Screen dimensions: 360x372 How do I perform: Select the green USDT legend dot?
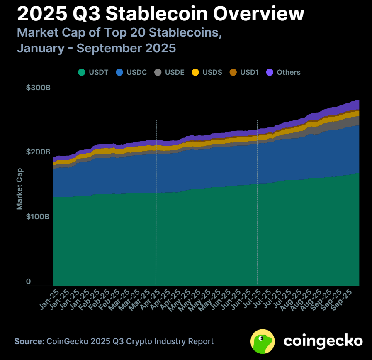82,72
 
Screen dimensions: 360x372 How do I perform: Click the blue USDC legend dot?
120,72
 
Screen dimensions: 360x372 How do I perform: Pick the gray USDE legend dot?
158,72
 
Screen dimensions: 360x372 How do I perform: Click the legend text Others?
289,72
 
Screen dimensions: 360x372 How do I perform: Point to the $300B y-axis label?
38,88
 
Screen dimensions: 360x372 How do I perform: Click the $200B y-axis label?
38,152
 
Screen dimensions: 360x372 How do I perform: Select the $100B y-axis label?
38,217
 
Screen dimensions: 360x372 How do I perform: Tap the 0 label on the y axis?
29,282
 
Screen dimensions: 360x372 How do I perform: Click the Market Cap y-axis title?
19,189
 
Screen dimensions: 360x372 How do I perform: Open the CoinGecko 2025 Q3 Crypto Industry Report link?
130,341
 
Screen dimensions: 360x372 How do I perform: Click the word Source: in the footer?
29,341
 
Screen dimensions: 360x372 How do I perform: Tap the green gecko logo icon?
263,341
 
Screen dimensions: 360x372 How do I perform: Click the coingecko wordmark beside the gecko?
323,341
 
